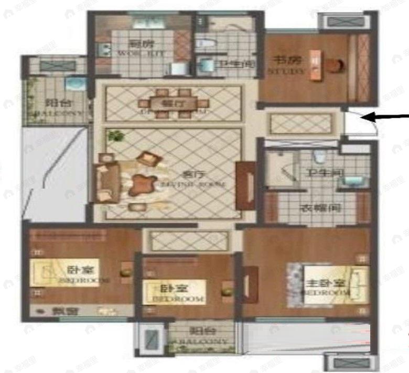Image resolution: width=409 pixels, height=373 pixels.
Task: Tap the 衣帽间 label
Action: (x=320, y=207)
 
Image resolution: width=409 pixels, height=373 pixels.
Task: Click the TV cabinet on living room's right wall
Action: (x=245, y=186)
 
